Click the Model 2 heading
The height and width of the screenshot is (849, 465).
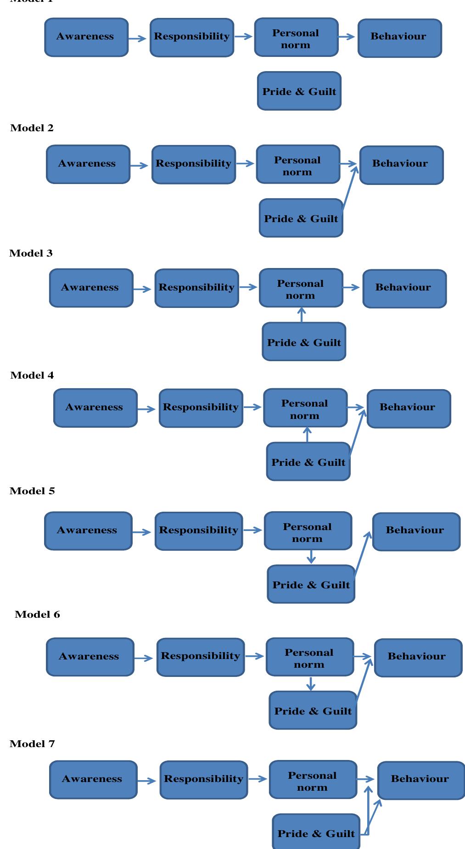[32, 128]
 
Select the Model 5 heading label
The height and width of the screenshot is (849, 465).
[32, 491]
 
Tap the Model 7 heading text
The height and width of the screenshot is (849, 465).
[32, 743]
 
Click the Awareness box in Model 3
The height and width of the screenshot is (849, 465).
[91, 288]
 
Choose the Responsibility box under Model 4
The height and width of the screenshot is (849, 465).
[201, 408]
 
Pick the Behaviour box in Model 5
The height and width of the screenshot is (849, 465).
[415, 531]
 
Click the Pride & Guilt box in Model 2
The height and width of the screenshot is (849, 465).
[301, 218]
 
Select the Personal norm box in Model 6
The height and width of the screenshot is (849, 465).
[309, 657]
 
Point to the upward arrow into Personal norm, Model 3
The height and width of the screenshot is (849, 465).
[301, 315]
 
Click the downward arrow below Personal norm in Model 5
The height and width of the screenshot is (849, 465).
[311, 557]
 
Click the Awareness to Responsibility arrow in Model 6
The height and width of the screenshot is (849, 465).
[144, 658]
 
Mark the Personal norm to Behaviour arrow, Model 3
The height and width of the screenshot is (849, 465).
[352, 287]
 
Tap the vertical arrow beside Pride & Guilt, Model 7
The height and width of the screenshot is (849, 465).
[368, 810]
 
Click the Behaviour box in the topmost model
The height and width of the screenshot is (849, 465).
[399, 38]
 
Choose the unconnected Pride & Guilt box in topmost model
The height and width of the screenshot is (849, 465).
[299, 91]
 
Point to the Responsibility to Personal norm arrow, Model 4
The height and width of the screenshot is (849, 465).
[252, 407]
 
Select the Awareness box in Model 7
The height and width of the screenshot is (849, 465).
[93, 779]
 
